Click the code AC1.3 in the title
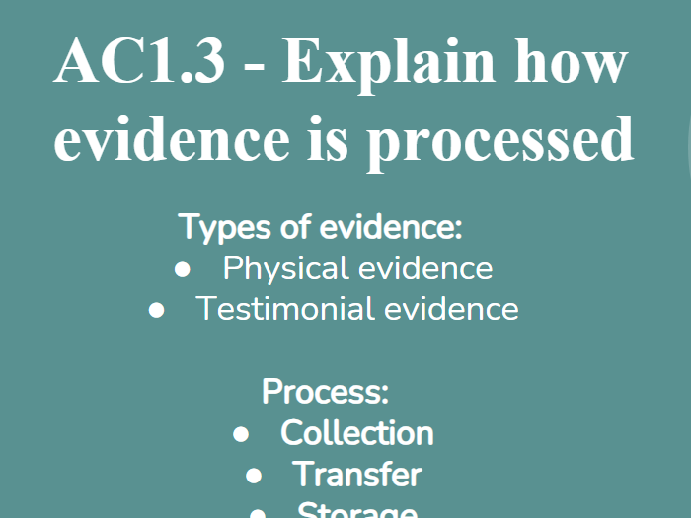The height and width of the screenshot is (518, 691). pos(139,63)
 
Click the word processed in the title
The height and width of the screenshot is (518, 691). pos(499,139)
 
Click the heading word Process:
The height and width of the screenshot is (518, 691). pos(326,392)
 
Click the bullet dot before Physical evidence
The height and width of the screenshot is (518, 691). pos(182,269)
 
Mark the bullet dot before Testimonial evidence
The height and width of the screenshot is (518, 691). pos(156,310)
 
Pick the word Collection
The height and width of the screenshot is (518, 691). pos(356,433)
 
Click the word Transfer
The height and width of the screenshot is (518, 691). pos(356,475)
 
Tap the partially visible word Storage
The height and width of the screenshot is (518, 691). pos(356,510)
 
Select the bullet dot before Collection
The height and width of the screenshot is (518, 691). pos(242,434)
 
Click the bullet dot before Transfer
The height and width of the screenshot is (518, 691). pos(255,476)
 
